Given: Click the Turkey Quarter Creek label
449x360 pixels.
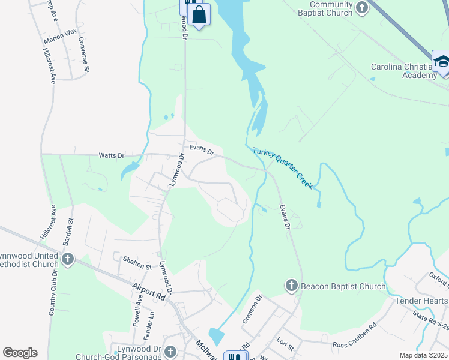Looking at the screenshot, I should pos(282,169).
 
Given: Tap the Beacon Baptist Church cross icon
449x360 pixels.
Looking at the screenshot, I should pos(292,286).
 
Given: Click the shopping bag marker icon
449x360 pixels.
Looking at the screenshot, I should pos(199,14).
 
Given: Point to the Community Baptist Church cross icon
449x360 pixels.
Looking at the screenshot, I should pos(361,7).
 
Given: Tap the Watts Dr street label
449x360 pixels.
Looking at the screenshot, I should pos(111,155).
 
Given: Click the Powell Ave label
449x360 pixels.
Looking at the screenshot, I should pos(137,309).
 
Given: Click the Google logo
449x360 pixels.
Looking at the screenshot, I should pos(20,353).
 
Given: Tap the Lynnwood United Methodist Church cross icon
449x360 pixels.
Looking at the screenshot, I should pos(68,259).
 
